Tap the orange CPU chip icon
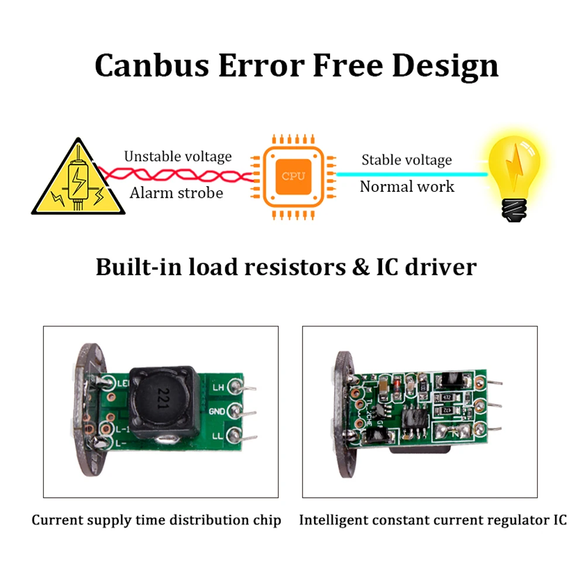click(293, 176)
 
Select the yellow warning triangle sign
click(78, 178)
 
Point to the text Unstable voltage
click(177, 156)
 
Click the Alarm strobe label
click(176, 192)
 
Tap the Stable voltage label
click(407, 160)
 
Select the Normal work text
click(407, 187)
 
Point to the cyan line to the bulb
click(409, 174)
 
